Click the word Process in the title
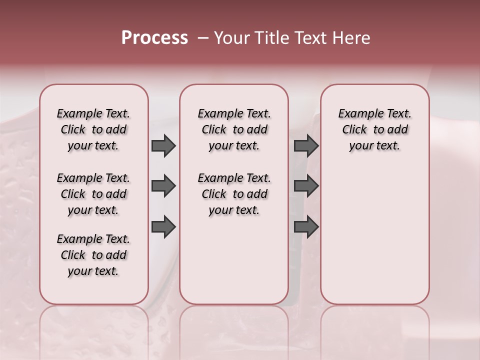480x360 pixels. pos(154,38)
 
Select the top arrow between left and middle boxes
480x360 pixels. pos(163,146)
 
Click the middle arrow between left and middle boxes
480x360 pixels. pos(163,186)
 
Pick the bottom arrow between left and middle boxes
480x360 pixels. pos(163,227)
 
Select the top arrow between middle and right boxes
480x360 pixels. pos(306,146)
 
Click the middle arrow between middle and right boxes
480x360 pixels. pos(306,186)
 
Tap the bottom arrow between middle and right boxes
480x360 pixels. pos(306,227)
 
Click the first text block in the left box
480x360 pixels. pos(93,129)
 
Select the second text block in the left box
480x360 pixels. pos(93,194)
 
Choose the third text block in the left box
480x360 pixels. pos(93,255)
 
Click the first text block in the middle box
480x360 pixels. pos(234,129)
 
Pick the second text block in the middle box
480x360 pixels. pos(234,194)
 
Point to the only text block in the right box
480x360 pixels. pos(374,129)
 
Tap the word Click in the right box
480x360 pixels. pos(354,130)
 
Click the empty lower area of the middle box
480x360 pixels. pos(234,260)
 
